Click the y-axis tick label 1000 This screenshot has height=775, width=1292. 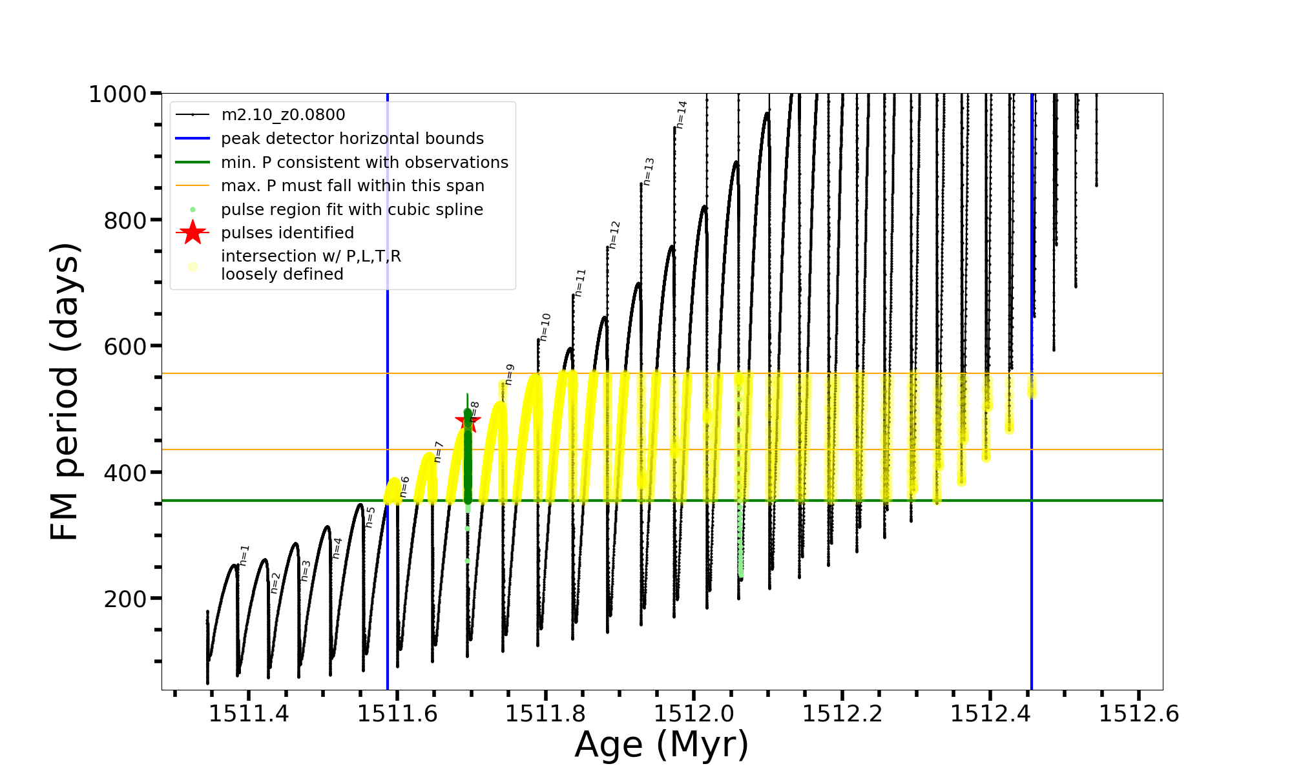click(117, 94)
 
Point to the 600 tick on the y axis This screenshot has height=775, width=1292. click(125, 346)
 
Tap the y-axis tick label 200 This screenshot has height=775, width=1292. click(125, 599)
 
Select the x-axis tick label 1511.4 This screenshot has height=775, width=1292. click(249, 714)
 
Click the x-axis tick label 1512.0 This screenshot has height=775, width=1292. click(694, 714)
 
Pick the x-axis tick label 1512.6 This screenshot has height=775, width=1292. click(1139, 714)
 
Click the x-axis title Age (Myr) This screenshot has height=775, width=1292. click(662, 745)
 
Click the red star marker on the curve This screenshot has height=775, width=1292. click(468, 421)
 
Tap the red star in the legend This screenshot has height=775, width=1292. click(193, 232)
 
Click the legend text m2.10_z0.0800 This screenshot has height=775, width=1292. click(283, 115)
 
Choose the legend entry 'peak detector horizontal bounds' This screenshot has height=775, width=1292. click(352, 139)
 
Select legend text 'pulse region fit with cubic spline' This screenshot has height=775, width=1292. click(352, 210)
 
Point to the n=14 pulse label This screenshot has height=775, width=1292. click(682, 114)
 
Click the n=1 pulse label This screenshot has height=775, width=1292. click(244, 555)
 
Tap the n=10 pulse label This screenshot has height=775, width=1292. click(545, 327)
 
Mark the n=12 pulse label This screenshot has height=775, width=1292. click(614, 234)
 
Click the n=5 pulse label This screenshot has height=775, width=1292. click(370, 517)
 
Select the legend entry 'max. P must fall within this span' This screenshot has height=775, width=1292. click(352, 186)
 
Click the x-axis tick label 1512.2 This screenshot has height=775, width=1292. click(842, 714)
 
